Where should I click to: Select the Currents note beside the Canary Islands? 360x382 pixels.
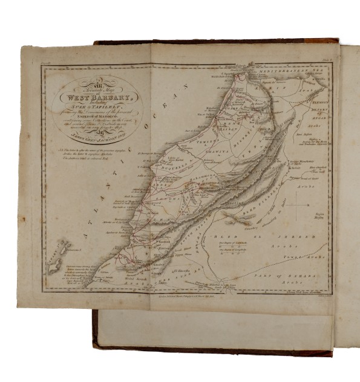(71, 275)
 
